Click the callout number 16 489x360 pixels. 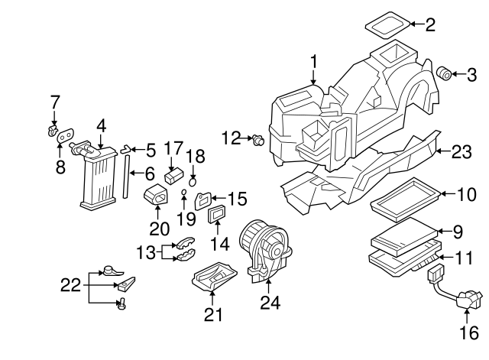point(468,332)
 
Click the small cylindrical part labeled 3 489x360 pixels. point(442,73)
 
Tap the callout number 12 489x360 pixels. point(231,138)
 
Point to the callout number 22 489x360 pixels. point(71,286)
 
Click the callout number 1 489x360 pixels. point(313,61)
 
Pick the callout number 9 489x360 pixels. point(458,230)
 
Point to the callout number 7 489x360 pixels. point(54,101)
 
